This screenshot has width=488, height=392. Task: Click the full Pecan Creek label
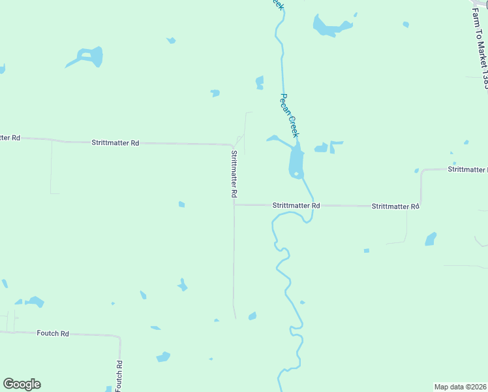pos(289,115)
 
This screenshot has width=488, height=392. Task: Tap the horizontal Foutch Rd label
pos(53,333)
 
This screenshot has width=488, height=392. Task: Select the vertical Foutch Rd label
pos(119,376)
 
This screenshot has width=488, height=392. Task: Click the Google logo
pos(22,384)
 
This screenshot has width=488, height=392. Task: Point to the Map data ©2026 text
pos(459,387)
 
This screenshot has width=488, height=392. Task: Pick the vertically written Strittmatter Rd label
pos(233,174)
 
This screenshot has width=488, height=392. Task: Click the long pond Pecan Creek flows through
pos(296,161)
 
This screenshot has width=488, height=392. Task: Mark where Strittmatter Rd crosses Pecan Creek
pos(313,205)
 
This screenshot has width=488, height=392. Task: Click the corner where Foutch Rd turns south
pos(119,337)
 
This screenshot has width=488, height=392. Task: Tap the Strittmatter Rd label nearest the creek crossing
pos(296,205)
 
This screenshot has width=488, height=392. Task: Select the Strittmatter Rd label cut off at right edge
pos(467,169)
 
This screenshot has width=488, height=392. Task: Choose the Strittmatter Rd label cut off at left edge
pos(10,138)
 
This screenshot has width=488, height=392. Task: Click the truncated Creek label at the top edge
pos(278,4)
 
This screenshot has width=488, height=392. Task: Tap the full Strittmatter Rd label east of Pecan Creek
pos(395,206)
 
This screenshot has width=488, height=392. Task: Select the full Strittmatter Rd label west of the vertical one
pos(115,142)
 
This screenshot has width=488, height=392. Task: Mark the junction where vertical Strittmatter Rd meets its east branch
pos(234,204)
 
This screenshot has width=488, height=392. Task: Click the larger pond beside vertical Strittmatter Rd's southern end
pos(252,316)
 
